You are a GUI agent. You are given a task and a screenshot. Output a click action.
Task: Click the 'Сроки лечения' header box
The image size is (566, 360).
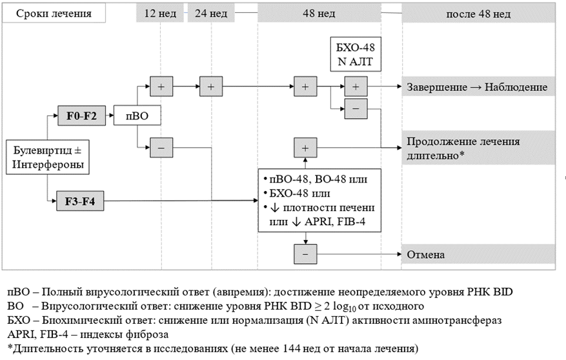pyautogui.click(x=54, y=14)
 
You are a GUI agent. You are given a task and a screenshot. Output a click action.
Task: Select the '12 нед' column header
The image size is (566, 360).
pyautogui.click(x=160, y=14)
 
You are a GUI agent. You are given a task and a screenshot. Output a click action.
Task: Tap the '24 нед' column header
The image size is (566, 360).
pyautogui.click(x=211, y=14)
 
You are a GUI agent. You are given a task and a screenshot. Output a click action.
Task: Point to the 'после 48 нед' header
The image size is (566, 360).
pyautogui.click(x=478, y=14)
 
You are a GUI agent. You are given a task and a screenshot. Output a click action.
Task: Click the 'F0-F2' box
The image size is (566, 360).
pyautogui.click(x=81, y=115)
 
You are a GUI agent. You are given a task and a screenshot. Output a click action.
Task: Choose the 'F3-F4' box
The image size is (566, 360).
pyautogui.click(x=80, y=201)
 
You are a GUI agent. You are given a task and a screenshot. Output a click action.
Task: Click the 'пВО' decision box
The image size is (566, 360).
pyautogui.click(x=137, y=115)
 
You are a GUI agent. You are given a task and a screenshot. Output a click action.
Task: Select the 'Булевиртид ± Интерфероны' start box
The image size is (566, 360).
pyautogui.click(x=48, y=157)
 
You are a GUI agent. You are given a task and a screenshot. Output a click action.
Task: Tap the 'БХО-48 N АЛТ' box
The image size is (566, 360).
pyautogui.click(x=356, y=54)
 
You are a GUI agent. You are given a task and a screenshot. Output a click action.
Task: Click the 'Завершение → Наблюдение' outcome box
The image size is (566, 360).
pyautogui.click(x=478, y=86)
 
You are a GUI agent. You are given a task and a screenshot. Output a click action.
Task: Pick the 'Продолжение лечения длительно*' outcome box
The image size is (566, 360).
pyautogui.click(x=478, y=148)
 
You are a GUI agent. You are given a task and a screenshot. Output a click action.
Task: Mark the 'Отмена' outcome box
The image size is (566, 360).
pyautogui.click(x=478, y=254)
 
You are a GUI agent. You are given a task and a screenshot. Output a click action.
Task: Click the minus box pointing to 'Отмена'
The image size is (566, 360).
pyautogui.click(x=305, y=254)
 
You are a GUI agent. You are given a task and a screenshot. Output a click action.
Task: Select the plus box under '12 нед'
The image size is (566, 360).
pyautogui.click(x=161, y=86)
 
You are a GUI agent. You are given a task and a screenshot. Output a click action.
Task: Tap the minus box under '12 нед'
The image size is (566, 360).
pyautogui.click(x=161, y=148)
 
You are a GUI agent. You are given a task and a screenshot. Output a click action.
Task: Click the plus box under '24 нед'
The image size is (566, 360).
pyautogui.click(x=211, y=86)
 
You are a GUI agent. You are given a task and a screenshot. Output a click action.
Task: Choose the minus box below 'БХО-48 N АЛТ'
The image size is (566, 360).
pyautogui.click(x=356, y=108)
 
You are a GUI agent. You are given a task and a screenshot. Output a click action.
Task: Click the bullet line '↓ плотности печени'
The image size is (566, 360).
pyautogui.click(x=319, y=208)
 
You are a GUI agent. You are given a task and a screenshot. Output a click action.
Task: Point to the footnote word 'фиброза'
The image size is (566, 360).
pyautogui.click(x=147, y=334)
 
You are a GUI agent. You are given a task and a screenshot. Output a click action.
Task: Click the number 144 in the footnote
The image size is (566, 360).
pyautogui.click(x=291, y=349)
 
